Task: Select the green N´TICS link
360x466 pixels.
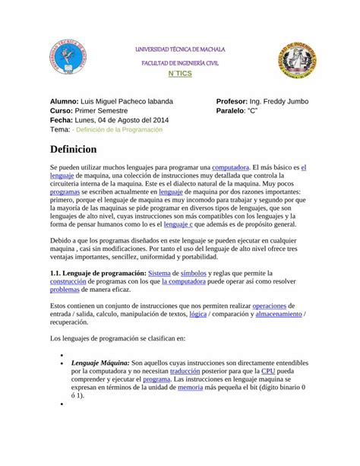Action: [180, 75]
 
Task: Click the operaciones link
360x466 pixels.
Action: [274, 305]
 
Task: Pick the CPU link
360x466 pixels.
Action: [268, 370]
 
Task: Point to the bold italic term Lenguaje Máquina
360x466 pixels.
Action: [99, 362]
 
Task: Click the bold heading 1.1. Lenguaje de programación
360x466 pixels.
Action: [97, 272]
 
